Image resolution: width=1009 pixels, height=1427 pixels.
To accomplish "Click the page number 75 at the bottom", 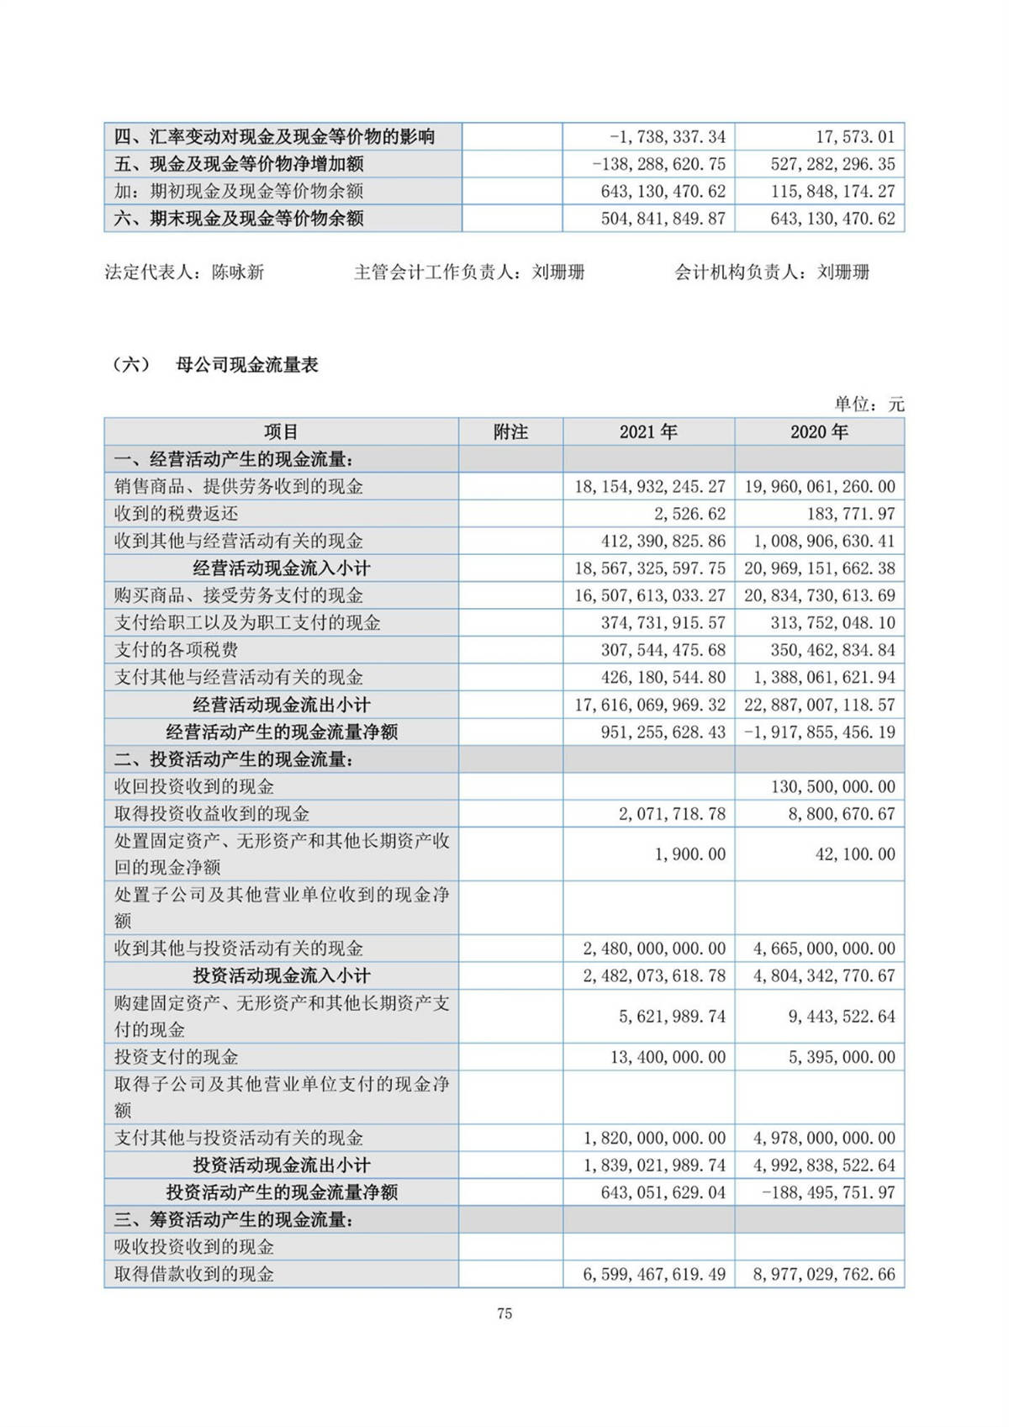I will [x=504, y=1313].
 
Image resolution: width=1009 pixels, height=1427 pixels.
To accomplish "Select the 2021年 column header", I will [x=648, y=432].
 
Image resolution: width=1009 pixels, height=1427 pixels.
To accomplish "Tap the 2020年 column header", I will [x=819, y=432].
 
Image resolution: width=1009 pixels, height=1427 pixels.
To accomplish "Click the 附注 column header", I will [x=510, y=432].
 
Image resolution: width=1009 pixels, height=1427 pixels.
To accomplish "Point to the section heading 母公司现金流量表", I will [x=247, y=365].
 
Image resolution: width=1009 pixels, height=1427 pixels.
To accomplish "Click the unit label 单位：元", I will [x=869, y=404].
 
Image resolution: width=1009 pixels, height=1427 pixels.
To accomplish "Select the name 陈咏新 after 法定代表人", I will [x=238, y=272].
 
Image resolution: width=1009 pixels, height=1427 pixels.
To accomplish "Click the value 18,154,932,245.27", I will [x=650, y=487].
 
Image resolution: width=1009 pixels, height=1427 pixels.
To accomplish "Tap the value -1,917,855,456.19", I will [x=820, y=732].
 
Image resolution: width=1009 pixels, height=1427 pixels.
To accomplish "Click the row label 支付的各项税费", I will [x=177, y=650].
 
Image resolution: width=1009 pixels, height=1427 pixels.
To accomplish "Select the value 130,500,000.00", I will [x=833, y=787].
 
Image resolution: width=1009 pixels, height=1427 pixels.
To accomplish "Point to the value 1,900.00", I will [x=690, y=854].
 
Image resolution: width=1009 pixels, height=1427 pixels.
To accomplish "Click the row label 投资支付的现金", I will [x=177, y=1057].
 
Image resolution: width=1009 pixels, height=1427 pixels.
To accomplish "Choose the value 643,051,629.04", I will [x=663, y=1192].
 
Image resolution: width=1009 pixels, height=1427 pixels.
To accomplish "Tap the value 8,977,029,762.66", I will [x=824, y=1275].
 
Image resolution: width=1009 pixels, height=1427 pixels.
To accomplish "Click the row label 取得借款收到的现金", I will [x=194, y=1275].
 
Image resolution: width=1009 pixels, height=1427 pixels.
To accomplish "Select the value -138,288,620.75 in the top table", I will [x=659, y=164].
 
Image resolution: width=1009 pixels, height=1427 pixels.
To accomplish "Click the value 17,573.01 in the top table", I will [x=855, y=137].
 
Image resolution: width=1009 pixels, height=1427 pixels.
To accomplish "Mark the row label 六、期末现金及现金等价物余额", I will [x=239, y=219].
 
